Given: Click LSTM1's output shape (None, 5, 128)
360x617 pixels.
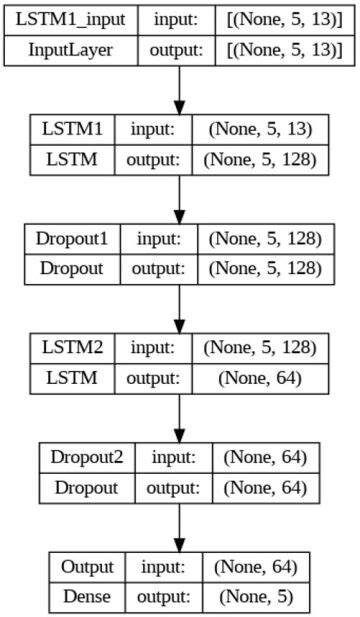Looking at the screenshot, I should tap(263, 158).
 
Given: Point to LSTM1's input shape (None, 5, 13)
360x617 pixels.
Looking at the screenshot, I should tap(263, 129).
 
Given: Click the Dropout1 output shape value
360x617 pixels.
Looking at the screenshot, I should tap(265, 268).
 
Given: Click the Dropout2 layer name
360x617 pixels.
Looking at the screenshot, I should tap(88, 458).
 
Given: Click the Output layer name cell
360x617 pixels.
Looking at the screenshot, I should tap(88, 567).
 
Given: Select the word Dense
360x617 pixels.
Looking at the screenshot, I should tap(88, 596).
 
